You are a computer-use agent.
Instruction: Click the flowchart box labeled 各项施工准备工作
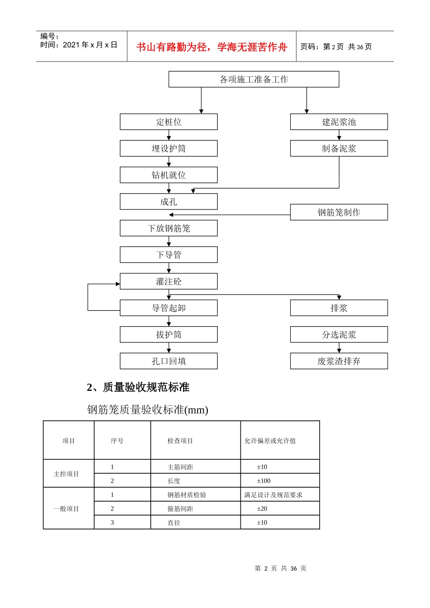click(253, 79)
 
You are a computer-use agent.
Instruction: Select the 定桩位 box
click(168, 122)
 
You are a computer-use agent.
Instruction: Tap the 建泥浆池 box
click(339, 122)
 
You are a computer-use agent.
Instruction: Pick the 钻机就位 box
click(168, 175)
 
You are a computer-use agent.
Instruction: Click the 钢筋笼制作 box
click(339, 212)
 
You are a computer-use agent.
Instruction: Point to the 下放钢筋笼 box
click(168, 228)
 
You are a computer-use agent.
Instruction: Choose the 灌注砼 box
click(168, 281)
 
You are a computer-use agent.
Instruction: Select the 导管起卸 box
click(168, 308)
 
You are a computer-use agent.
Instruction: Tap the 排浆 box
click(339, 308)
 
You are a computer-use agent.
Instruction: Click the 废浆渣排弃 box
click(339, 361)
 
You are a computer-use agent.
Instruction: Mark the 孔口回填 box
click(168, 361)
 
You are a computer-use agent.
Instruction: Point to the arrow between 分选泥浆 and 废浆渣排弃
click(339, 348)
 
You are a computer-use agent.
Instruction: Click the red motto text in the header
click(212, 47)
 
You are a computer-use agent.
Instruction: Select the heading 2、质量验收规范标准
click(138, 387)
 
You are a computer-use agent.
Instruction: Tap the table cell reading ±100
click(263, 481)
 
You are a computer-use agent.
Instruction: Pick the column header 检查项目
click(180, 441)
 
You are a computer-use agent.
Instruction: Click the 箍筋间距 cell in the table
click(180, 509)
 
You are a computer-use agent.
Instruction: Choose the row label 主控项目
click(66, 474)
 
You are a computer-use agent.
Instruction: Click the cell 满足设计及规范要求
click(273, 495)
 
